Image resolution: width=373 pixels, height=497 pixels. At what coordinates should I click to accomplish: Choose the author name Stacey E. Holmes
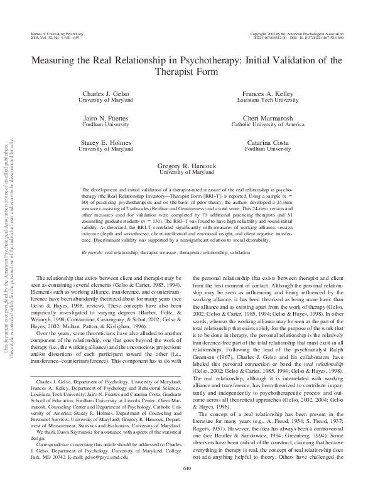coord(105,143)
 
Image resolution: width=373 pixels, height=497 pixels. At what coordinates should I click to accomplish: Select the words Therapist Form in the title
coord(187,72)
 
